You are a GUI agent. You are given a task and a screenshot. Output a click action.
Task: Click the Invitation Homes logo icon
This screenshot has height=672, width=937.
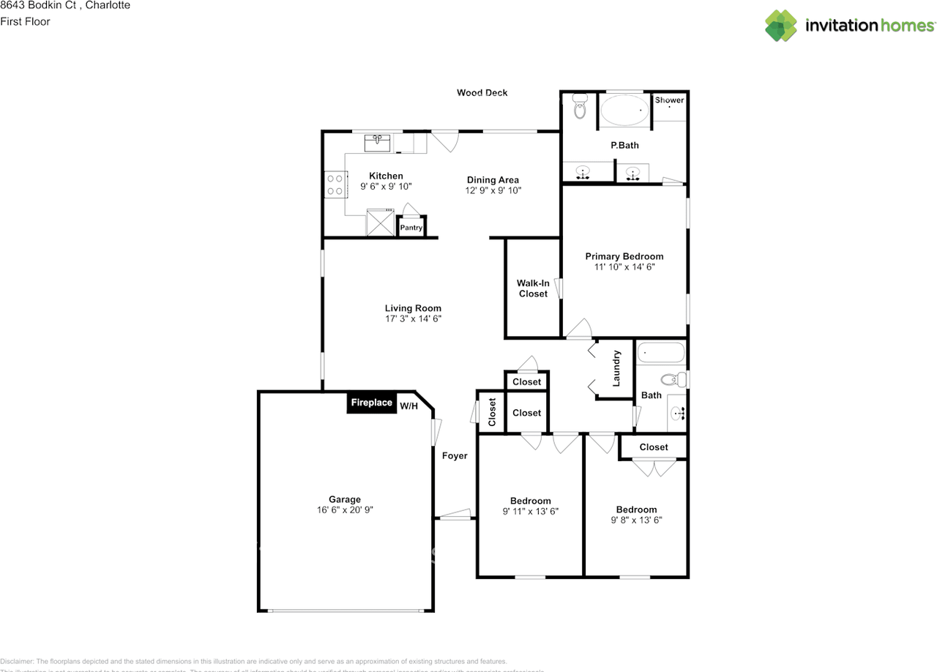pos(782,26)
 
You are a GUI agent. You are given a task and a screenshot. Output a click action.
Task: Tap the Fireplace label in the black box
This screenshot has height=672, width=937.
pos(371,403)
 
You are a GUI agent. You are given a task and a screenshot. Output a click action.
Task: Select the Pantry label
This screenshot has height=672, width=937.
pos(411,228)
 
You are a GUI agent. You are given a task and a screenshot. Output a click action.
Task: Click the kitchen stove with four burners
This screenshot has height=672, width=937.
pos(335,184)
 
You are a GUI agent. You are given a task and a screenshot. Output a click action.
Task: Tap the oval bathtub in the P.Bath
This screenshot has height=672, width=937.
pos(624,111)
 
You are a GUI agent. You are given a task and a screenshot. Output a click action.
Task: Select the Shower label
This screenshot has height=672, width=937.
pos(669,100)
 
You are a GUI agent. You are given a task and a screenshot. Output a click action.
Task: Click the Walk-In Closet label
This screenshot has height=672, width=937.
pos(533,288)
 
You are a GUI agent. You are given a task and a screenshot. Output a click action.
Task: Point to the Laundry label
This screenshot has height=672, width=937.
pos(616,368)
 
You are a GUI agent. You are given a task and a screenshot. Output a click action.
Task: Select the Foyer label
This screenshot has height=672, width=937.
pos(455,456)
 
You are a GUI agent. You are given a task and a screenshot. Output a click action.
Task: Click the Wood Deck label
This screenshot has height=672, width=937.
pos(482,93)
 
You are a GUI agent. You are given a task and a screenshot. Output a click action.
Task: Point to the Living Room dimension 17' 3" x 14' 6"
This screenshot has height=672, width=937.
pos(413,318)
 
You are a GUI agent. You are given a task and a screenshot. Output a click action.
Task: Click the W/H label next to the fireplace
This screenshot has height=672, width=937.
pos(408,406)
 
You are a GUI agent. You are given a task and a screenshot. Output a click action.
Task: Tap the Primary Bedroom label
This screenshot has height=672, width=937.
pos(624,256)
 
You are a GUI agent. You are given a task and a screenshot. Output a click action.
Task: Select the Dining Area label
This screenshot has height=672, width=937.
pos(493,180)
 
